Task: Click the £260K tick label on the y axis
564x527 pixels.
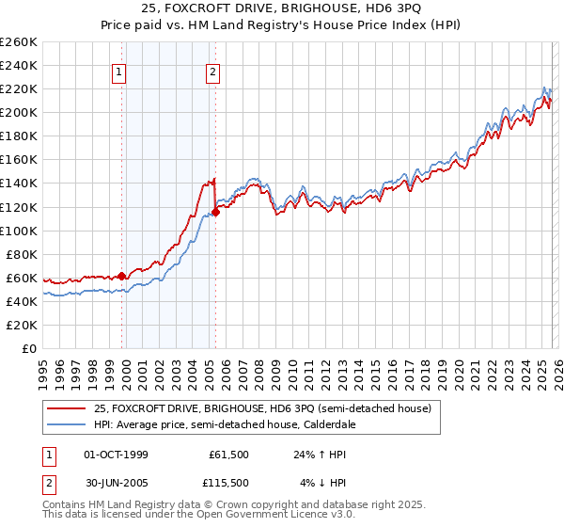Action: point(19,42)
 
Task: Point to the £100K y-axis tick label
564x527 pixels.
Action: point(19,231)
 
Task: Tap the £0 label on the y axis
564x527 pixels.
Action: point(30,348)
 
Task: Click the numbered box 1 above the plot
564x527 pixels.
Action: point(120,72)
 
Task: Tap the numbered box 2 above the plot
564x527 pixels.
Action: point(213,72)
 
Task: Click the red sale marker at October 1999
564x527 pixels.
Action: point(122,276)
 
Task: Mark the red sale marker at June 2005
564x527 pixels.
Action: point(216,213)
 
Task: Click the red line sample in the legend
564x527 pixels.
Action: point(68,409)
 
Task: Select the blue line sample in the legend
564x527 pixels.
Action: point(68,424)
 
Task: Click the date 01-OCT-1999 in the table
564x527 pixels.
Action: point(116,455)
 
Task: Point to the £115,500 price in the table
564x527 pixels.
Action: point(227,483)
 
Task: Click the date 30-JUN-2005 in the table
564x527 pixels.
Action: point(116,483)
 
